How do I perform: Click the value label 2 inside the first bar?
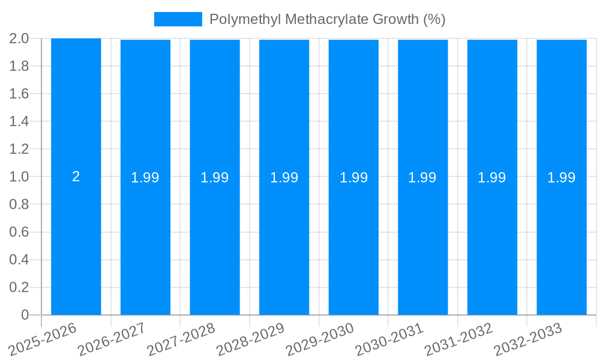point(76,176)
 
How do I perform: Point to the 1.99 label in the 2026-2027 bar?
point(145,178)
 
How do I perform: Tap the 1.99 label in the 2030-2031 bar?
point(422,178)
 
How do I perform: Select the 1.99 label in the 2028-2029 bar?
point(284,178)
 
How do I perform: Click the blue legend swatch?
point(178,19)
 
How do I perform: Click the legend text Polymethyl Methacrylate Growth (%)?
point(327,19)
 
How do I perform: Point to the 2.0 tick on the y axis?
point(19,39)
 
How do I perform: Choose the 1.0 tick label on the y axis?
point(19,177)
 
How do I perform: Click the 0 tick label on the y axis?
point(25,315)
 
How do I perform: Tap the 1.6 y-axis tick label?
point(19,94)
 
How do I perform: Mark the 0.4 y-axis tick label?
point(19,260)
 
